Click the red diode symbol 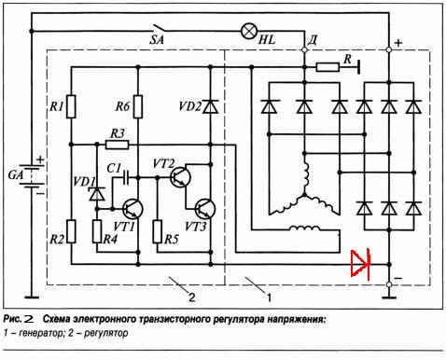pos(360,264)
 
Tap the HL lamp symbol pos(249,31)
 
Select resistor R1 pos(71,106)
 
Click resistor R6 pos(138,106)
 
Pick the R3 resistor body pos(117,145)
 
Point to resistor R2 pos(71,231)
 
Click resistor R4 pos(97,231)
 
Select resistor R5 pos(158,231)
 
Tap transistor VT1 pos(132,209)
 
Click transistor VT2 pos(180,177)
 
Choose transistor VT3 pos(205,209)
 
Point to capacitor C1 pos(126,177)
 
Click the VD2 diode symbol pos(211,106)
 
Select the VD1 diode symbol pos(97,194)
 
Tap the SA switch pos(159,29)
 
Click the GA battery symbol pos(32,176)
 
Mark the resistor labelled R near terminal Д pos(328,67)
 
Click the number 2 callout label pos(192,298)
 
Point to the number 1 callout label pos(269,298)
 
